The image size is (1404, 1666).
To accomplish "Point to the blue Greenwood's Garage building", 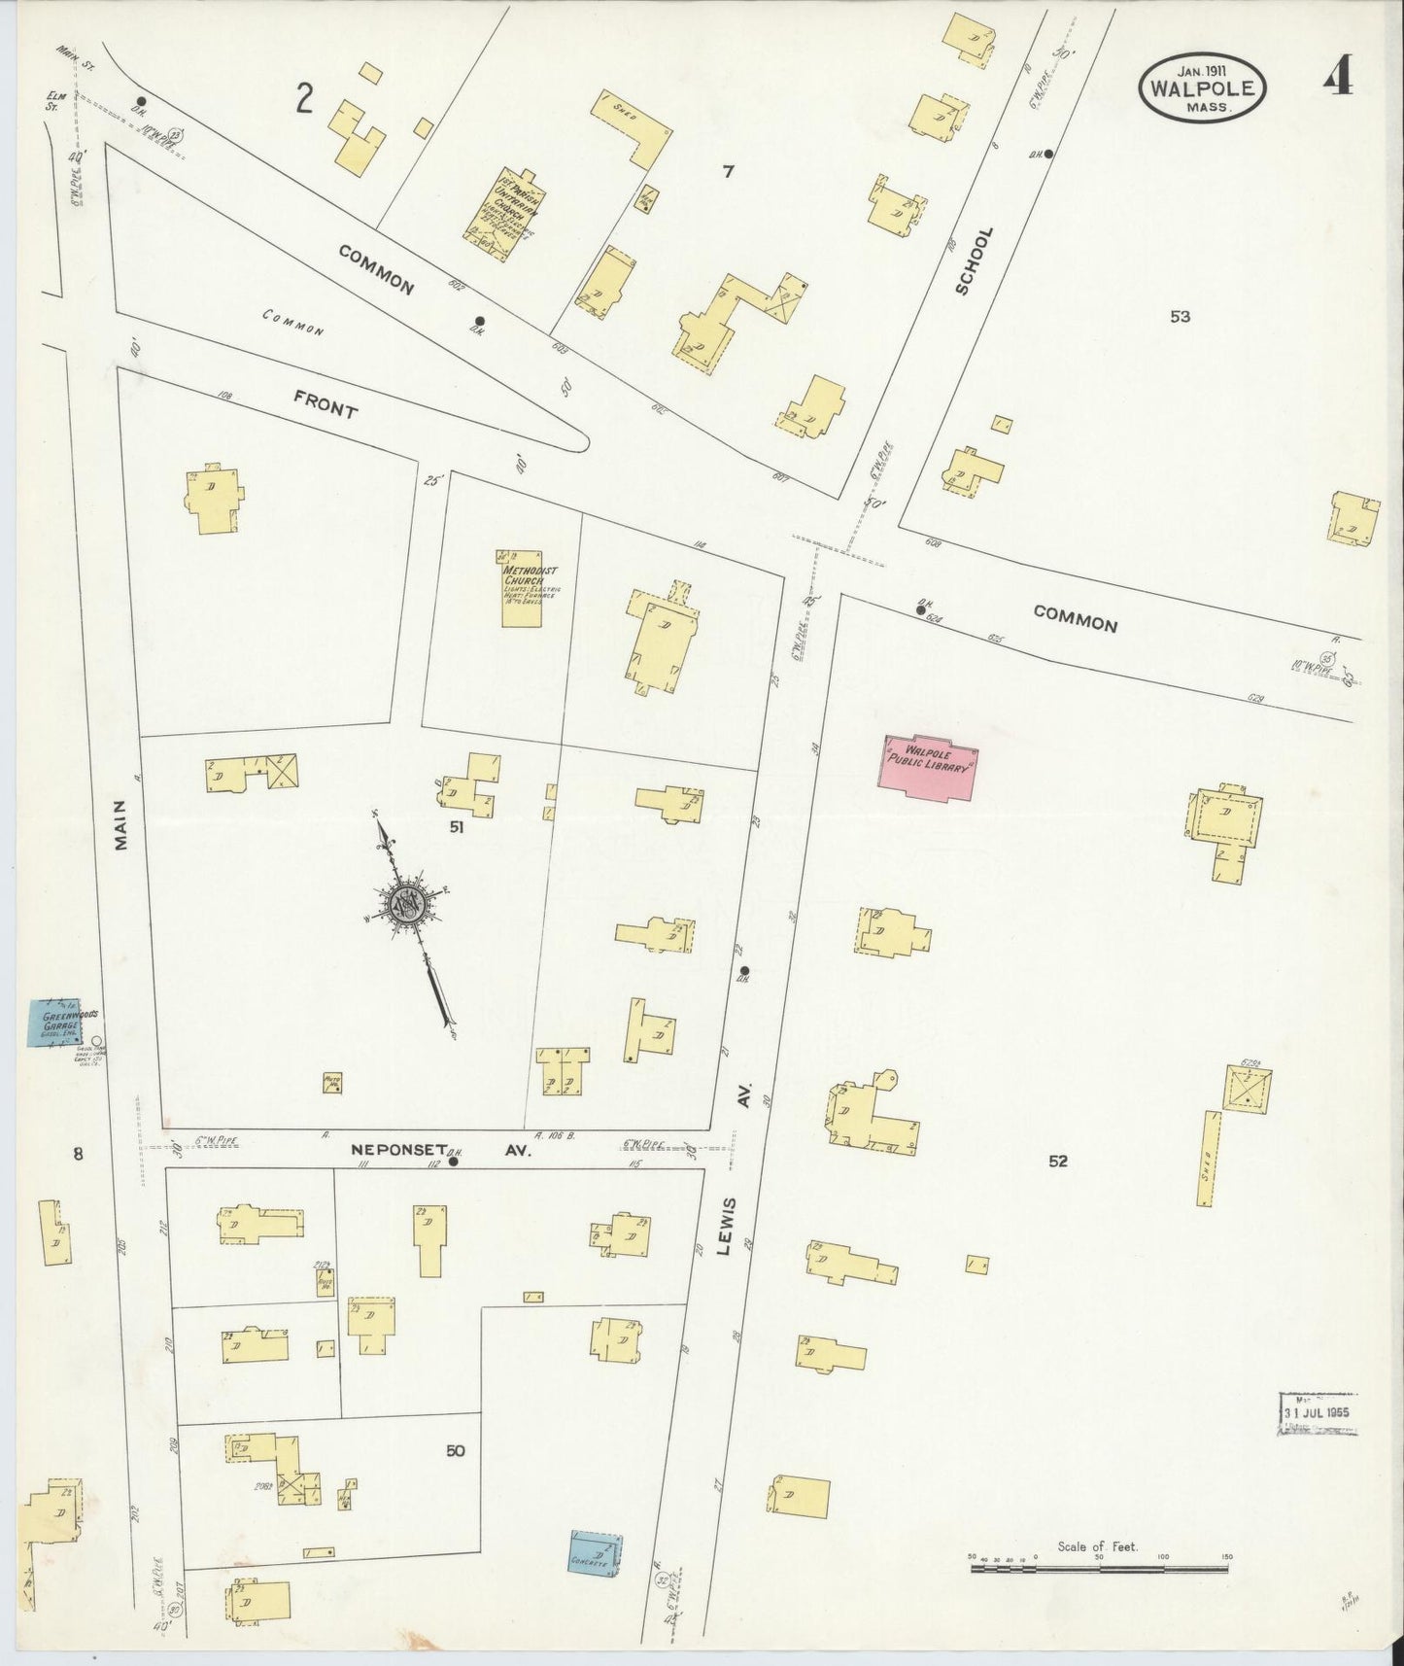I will click(57, 1022).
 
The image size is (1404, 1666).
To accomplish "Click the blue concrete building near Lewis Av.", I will click(595, 1551).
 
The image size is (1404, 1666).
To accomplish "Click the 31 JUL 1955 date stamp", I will click(1318, 1411).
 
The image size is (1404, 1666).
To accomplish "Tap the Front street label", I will click(325, 401).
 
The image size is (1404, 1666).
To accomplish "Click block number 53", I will click(1180, 316).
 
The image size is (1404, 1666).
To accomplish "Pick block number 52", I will click(1057, 1161).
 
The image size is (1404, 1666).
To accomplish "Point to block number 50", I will click(455, 1451).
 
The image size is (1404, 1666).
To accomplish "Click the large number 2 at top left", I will click(305, 99).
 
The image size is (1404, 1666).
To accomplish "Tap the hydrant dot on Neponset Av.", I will click(453, 1161).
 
